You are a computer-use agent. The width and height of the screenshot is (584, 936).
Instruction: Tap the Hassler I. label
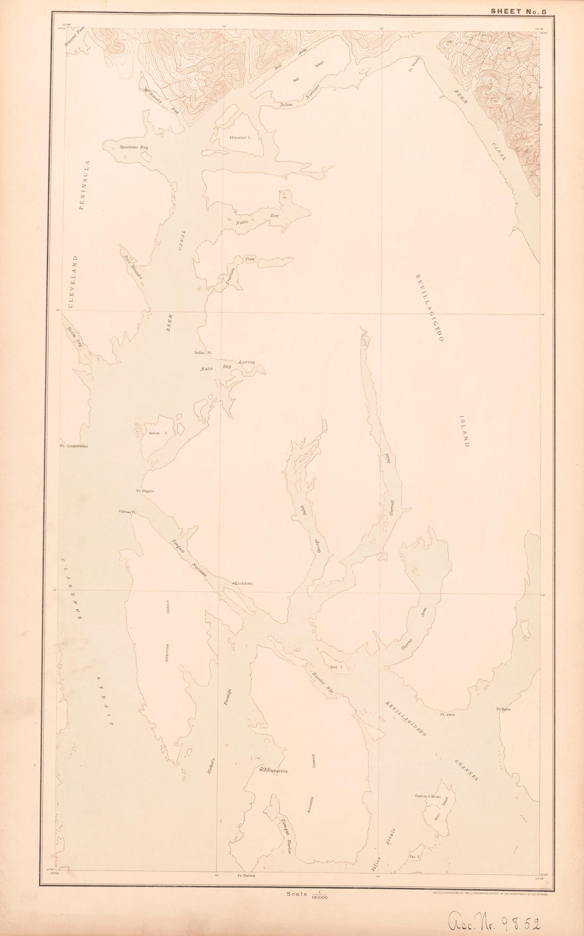pyautogui.click(x=239, y=137)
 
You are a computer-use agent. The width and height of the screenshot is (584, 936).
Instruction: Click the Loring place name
pyautogui.click(x=247, y=362)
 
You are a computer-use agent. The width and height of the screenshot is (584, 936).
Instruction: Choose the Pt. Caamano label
pyautogui.click(x=74, y=446)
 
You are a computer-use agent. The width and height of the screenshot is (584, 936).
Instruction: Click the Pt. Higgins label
pyautogui.click(x=145, y=491)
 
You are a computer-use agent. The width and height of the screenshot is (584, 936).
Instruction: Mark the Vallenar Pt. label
pyautogui.click(x=128, y=512)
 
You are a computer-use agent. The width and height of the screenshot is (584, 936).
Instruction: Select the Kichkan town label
pyautogui.click(x=244, y=584)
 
